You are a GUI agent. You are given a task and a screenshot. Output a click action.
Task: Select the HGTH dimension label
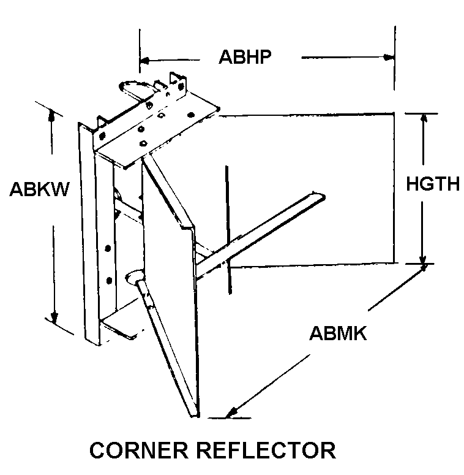click(433, 183)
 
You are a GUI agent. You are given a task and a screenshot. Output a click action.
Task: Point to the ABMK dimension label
click(337, 333)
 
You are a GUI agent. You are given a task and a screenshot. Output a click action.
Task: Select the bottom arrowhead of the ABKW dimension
click(54, 318)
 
